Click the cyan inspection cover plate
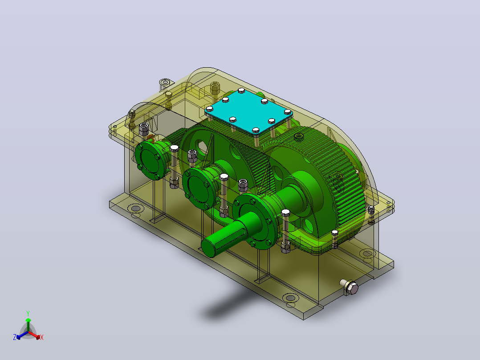[x=248, y=112]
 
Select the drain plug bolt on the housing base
[x=350, y=286]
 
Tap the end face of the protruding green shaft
[x=208, y=248]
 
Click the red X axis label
[x=42, y=337]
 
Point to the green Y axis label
[x=28, y=313]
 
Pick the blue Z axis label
[x=15, y=337]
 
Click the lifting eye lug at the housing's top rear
[x=165, y=83]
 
